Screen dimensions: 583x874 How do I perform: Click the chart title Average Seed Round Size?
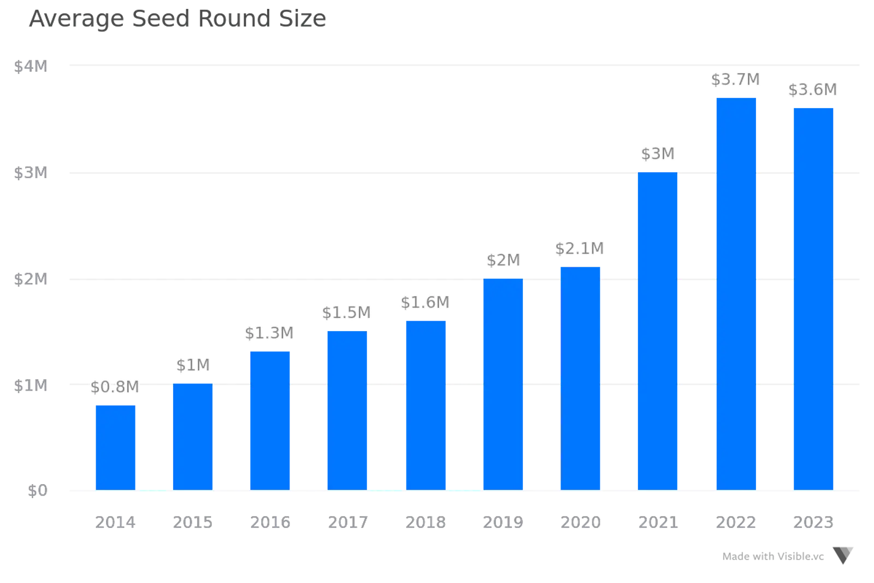(178, 20)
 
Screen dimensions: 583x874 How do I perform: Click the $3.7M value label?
(735, 80)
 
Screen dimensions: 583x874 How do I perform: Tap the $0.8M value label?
(115, 387)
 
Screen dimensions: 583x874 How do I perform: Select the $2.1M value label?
(580, 249)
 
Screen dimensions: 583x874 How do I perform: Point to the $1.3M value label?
(269, 333)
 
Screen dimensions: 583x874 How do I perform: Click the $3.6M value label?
(812, 90)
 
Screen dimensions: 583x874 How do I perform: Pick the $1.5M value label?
(346, 313)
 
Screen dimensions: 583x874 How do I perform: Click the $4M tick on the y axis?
(31, 67)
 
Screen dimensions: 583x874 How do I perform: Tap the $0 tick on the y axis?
(37, 491)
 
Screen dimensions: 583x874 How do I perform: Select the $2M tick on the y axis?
(31, 280)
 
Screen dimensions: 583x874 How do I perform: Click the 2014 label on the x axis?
(115, 522)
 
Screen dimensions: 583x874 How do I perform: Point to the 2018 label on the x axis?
(426, 522)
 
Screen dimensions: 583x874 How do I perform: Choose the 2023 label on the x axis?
(813, 522)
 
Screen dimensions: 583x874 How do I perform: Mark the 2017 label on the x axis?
(347, 522)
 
